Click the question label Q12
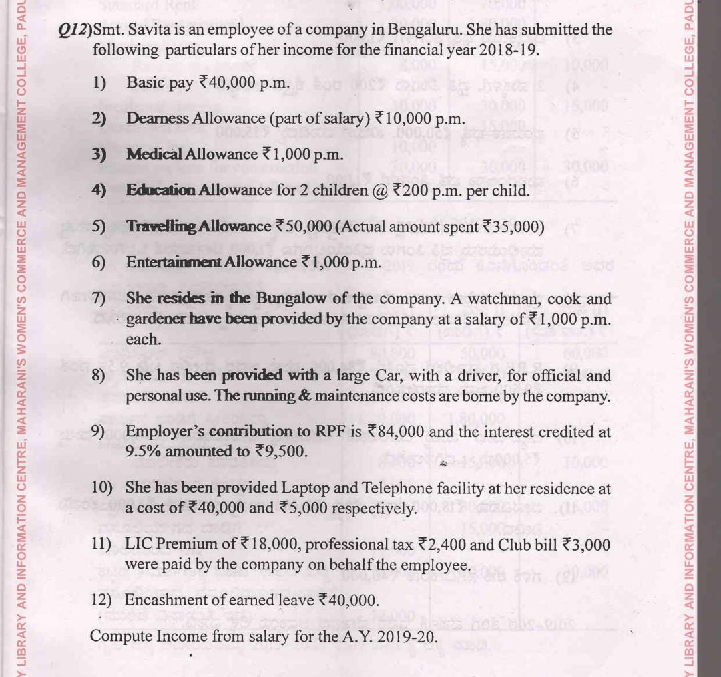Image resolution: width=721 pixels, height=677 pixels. click(x=74, y=29)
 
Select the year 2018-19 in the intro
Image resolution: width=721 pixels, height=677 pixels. click(x=502, y=50)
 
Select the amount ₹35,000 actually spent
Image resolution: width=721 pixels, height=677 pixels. click(x=511, y=226)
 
